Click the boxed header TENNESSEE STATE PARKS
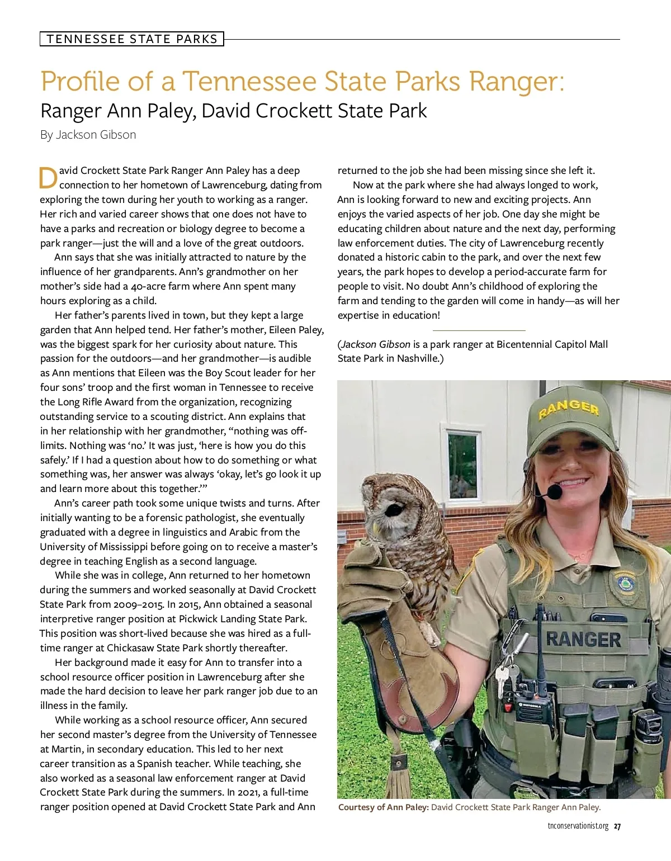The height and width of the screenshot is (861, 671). pos(132,39)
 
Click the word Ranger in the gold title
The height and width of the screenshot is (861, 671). pos(513,81)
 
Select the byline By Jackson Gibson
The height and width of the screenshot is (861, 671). pos(88,135)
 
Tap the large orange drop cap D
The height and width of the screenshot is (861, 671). pos(49,178)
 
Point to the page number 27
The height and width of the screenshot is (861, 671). pos(617,826)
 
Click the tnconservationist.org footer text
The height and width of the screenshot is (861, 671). pos(578,826)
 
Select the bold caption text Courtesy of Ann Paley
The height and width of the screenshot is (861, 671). pos(383,807)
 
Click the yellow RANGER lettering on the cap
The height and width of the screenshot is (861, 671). pos(569,408)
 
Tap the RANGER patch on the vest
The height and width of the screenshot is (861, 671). pos(583,639)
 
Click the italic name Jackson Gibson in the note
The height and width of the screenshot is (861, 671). pos(376,344)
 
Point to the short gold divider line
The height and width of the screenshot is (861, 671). pos(479,330)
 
